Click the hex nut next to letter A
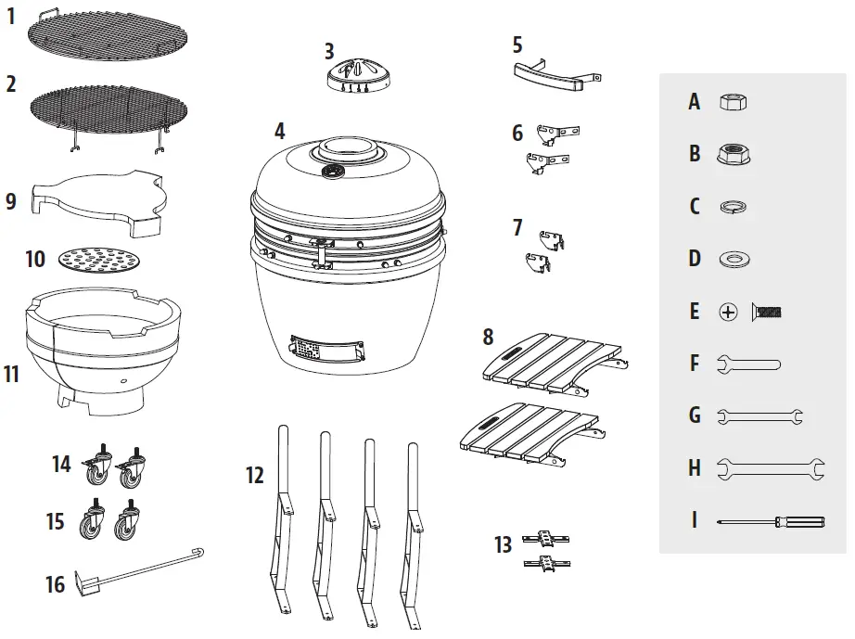(x=734, y=102)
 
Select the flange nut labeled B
(x=734, y=154)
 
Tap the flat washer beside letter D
(x=734, y=258)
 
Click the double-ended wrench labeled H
(x=771, y=469)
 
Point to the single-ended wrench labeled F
(x=748, y=364)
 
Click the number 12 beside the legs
(x=255, y=476)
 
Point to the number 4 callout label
(x=280, y=131)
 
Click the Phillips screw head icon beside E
(x=728, y=313)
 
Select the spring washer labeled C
(x=734, y=207)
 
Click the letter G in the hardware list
(x=694, y=415)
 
